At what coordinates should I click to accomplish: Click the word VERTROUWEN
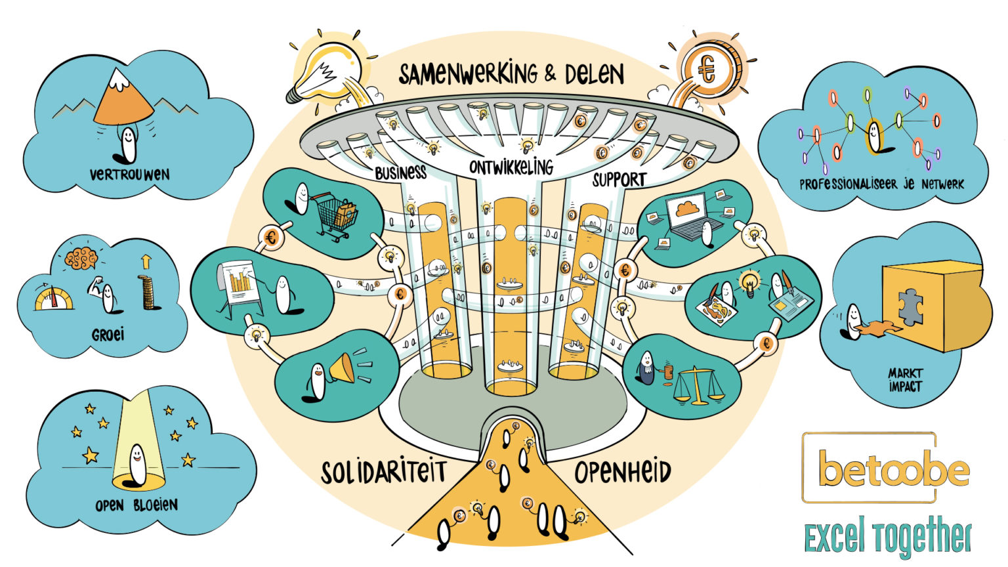point(129,175)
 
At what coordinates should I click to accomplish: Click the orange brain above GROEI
point(81,259)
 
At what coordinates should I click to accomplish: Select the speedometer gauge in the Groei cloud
point(54,298)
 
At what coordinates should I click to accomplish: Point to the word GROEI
point(108,335)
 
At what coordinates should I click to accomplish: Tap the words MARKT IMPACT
point(906,380)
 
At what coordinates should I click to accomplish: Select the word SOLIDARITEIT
point(384,472)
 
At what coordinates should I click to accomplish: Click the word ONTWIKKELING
point(511,167)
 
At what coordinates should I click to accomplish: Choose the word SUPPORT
point(619,180)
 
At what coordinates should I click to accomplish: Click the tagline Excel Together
point(888,537)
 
